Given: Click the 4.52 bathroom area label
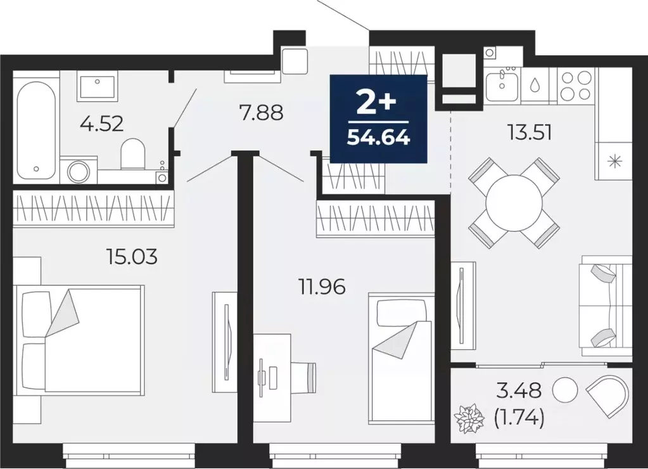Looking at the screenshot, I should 101,122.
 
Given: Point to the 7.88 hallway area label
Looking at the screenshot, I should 260,113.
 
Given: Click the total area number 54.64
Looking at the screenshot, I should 378,136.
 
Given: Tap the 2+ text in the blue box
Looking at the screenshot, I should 378,100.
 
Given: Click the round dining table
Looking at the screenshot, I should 514,203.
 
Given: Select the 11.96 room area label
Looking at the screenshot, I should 322,287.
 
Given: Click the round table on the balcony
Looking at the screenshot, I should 565,390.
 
